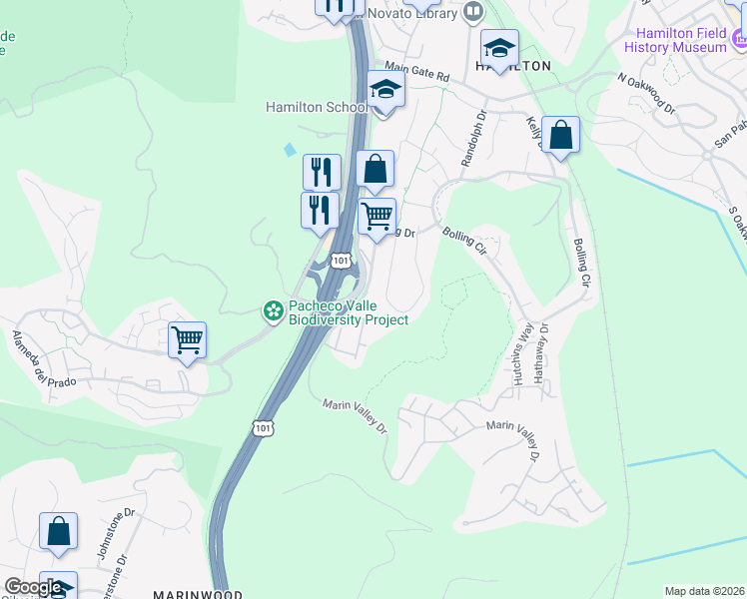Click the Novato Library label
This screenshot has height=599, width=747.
[x=412, y=14]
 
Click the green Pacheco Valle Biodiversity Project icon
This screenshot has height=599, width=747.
[x=272, y=311]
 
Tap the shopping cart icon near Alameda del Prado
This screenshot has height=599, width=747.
[x=187, y=340]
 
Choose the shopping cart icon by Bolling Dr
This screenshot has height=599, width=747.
[x=376, y=216]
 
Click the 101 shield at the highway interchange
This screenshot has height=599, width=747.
[x=342, y=261]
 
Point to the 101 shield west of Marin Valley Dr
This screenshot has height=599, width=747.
[x=261, y=427]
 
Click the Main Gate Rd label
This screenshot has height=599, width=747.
[x=417, y=75]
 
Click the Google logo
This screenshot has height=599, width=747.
[x=33, y=587]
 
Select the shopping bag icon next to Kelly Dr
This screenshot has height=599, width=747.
[x=561, y=135]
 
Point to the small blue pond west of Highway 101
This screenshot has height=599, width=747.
[x=290, y=149]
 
